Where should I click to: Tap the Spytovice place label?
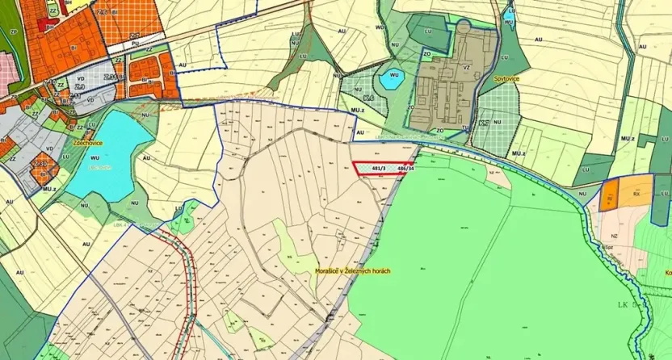507,78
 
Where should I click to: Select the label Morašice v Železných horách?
352,271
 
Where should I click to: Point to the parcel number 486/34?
406,169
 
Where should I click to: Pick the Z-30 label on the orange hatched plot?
39,165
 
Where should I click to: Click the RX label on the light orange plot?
636,194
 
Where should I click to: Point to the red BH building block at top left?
41,25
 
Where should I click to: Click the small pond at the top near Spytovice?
508,15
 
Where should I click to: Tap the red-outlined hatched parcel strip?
381,168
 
